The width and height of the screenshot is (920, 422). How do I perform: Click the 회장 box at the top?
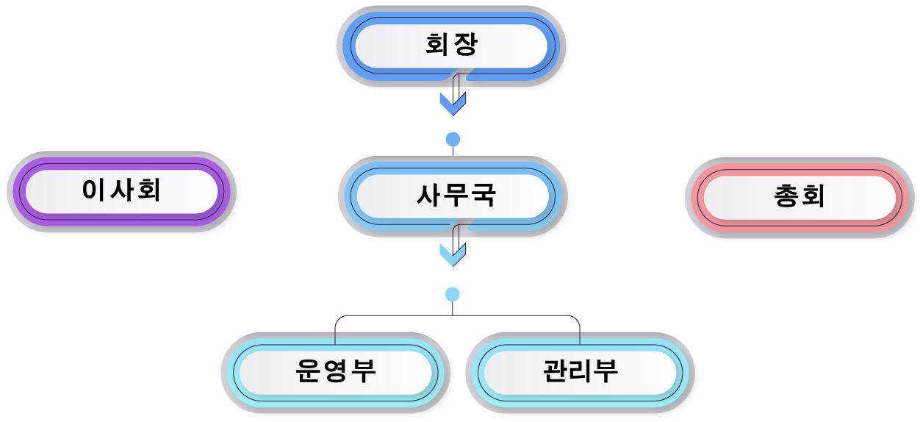tap(451, 46)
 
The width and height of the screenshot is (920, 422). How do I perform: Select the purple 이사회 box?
tap(121, 191)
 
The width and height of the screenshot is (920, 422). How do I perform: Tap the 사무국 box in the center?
tap(453, 196)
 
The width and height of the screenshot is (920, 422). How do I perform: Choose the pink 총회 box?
tap(799, 198)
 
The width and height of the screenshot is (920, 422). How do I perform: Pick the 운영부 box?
tap(336, 373)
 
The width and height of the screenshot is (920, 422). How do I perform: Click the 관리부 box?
tap(580, 373)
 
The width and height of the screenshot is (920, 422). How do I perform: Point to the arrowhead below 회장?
tap(453, 104)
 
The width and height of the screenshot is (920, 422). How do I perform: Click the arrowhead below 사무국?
tap(453, 255)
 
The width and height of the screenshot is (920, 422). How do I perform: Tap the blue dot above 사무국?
tap(453, 139)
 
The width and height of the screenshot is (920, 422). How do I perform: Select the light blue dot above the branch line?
tap(452, 295)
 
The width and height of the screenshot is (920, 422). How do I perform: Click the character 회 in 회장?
tap(436, 44)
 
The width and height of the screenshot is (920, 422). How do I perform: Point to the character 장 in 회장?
tap(465, 44)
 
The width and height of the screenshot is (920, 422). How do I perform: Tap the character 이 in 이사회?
tap(94, 190)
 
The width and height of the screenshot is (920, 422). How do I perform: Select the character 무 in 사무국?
tap(456, 195)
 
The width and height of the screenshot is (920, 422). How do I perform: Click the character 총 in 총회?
tap(786, 196)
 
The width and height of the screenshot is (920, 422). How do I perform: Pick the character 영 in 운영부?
tap(336, 371)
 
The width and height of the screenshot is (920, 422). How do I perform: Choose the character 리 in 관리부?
tap(581, 371)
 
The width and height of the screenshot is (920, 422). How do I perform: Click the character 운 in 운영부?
tap(308, 371)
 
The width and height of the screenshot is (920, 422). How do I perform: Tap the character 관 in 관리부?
tap(555, 371)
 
